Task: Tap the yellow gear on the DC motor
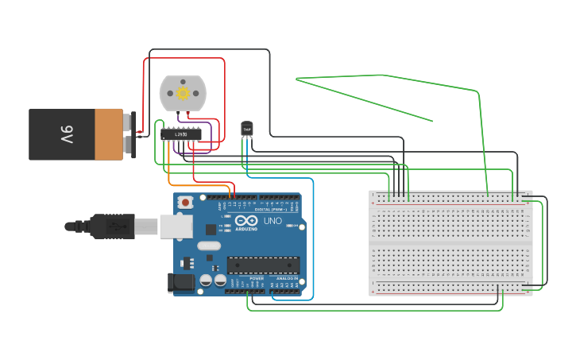point(183,93)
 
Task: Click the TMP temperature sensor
point(246,127)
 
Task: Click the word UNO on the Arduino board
point(273,221)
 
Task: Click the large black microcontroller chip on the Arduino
point(263,265)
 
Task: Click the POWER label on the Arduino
point(257,279)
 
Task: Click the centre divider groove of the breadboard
point(450,243)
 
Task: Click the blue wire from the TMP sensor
point(313,238)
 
